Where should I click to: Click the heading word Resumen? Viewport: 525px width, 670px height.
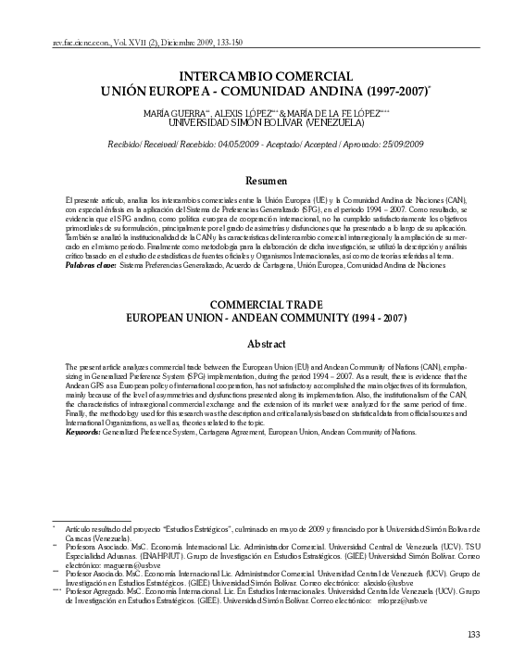point(262,180)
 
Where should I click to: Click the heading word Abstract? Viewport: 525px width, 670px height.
point(262,344)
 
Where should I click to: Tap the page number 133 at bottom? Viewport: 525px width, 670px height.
point(474,634)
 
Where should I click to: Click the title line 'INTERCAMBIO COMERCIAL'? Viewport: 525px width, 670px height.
point(262,77)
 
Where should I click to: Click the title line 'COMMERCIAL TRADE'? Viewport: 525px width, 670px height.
point(262,304)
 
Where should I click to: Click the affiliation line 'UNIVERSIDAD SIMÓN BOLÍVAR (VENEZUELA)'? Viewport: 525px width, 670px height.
point(262,121)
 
